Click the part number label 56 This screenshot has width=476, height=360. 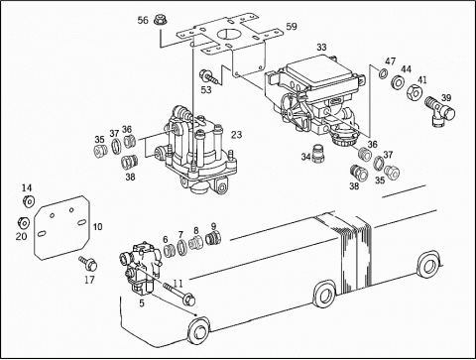click(x=143, y=21)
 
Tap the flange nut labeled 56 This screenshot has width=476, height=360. click(x=161, y=21)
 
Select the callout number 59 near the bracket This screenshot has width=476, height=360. click(x=292, y=27)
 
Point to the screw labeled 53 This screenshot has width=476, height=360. click(x=208, y=76)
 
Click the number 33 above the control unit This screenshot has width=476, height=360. click(x=321, y=48)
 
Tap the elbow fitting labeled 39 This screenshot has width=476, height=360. click(x=439, y=111)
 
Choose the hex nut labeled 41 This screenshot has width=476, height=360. click(x=414, y=93)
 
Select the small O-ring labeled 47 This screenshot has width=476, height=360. click(x=383, y=73)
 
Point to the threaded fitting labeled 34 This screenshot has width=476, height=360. click(x=318, y=154)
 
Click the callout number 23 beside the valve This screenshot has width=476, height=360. click(x=236, y=135)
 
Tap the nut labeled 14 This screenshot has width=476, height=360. click(x=29, y=200)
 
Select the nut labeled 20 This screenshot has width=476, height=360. click(x=24, y=223)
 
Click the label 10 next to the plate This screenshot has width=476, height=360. click(x=97, y=227)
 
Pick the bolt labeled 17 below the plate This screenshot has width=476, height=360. click(x=88, y=263)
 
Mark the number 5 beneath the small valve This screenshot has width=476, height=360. click(x=142, y=303)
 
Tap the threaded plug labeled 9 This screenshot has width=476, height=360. click(x=213, y=238)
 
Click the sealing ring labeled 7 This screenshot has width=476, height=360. click(x=181, y=248)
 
